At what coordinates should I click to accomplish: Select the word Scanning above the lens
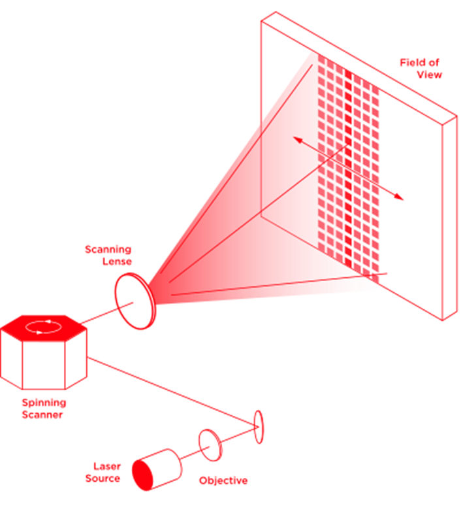[108, 250]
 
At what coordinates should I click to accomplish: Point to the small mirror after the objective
[259, 426]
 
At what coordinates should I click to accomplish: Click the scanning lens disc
[135, 301]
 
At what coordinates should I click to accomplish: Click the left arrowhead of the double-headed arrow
[296, 139]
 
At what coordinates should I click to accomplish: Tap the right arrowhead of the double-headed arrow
[400, 197]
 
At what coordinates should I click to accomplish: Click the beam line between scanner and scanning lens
[103, 314]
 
